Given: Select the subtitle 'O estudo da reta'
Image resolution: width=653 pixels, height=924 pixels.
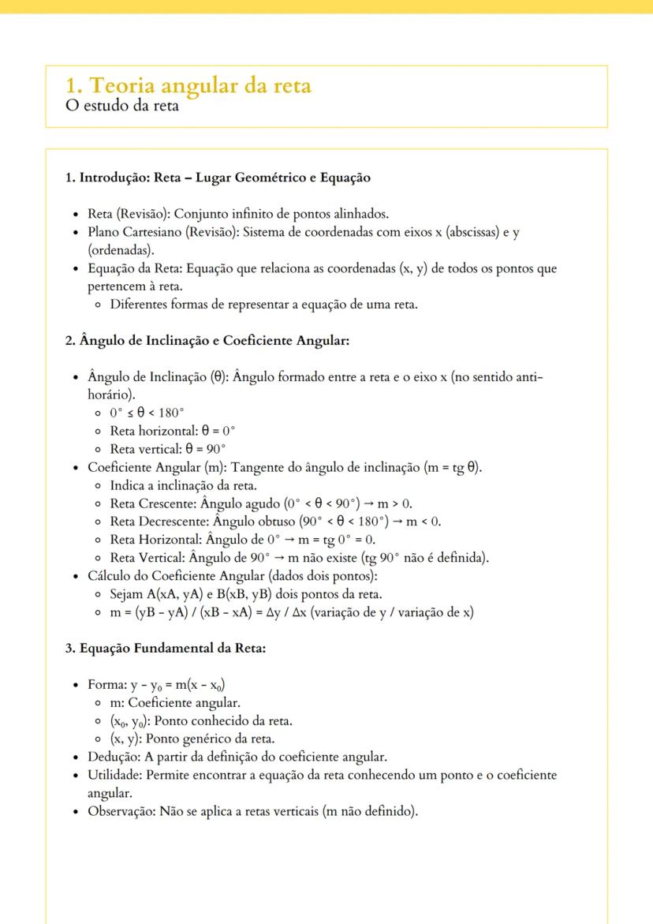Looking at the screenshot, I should pos(122,106).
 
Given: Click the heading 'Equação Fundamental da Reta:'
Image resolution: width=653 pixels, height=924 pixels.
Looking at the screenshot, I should pos(166,649).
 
